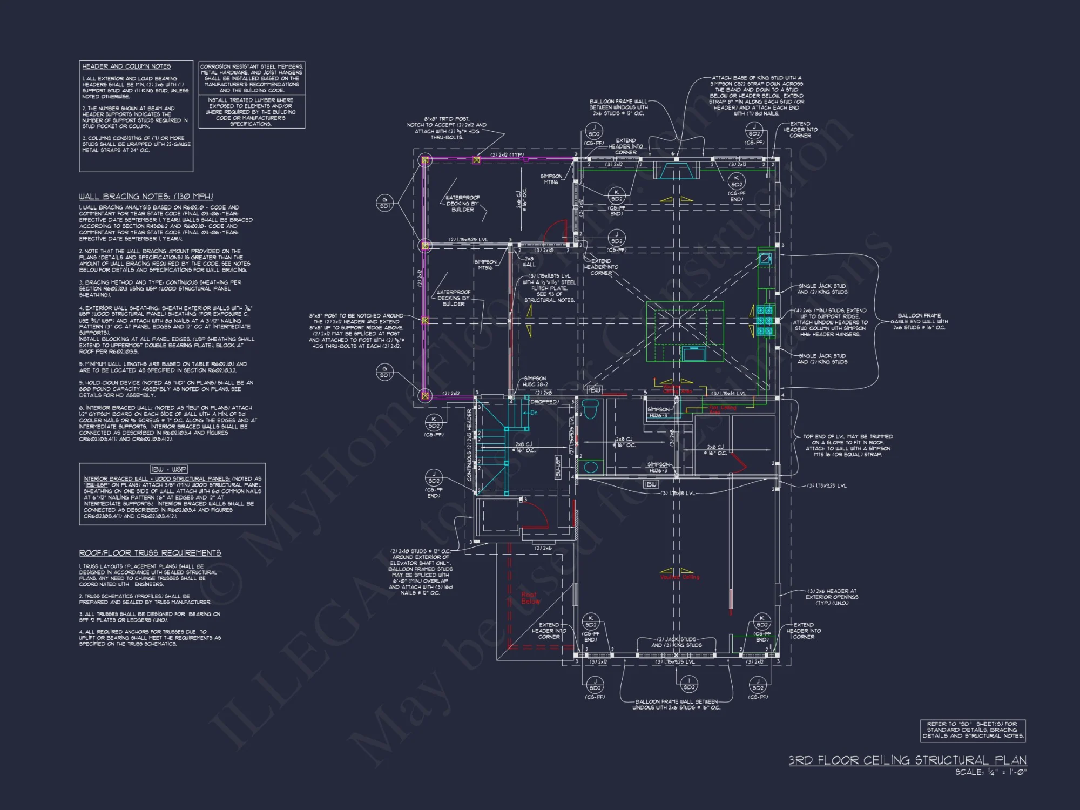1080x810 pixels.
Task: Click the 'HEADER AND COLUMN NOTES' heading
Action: pos(126,66)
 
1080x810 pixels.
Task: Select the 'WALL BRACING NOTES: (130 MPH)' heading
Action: pos(146,197)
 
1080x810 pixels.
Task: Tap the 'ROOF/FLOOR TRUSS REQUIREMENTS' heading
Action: pos(150,553)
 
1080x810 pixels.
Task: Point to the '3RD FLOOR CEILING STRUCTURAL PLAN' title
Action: pos(907,760)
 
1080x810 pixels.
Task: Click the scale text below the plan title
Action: pos(990,773)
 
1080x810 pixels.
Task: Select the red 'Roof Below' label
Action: pos(530,598)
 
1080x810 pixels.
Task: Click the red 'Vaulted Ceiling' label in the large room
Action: pos(679,577)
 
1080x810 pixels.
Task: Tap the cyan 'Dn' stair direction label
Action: pos(534,413)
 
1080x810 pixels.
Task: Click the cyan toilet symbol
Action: pos(591,409)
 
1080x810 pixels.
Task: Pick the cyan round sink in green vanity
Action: pos(591,467)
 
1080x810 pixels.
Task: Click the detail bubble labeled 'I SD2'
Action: pos(688,684)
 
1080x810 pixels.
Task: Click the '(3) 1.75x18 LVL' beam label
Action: pos(678,493)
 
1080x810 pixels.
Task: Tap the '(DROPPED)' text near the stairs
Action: pos(544,402)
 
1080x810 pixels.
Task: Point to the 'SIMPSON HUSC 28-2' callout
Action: pos(535,381)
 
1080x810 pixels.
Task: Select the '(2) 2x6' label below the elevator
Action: pos(543,548)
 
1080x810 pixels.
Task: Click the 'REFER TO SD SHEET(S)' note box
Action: pos(972,730)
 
